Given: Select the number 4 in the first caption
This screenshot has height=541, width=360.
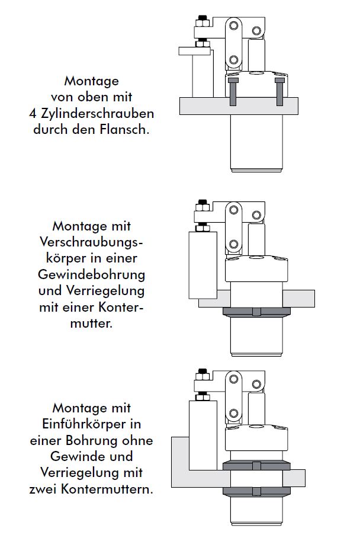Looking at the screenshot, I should click(33, 113).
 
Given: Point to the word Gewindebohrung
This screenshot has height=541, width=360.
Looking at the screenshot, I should click(92, 275).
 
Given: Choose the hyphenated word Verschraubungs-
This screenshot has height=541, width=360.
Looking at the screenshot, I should click(92, 242).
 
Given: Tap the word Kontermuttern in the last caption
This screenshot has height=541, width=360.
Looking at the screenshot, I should click(112, 489).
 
